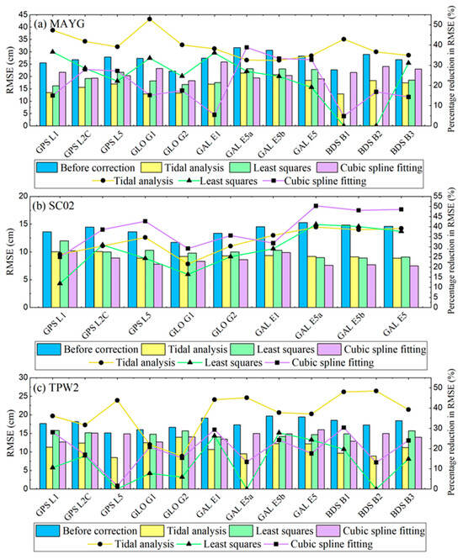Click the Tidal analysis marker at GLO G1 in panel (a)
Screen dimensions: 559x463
coord(150,18)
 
